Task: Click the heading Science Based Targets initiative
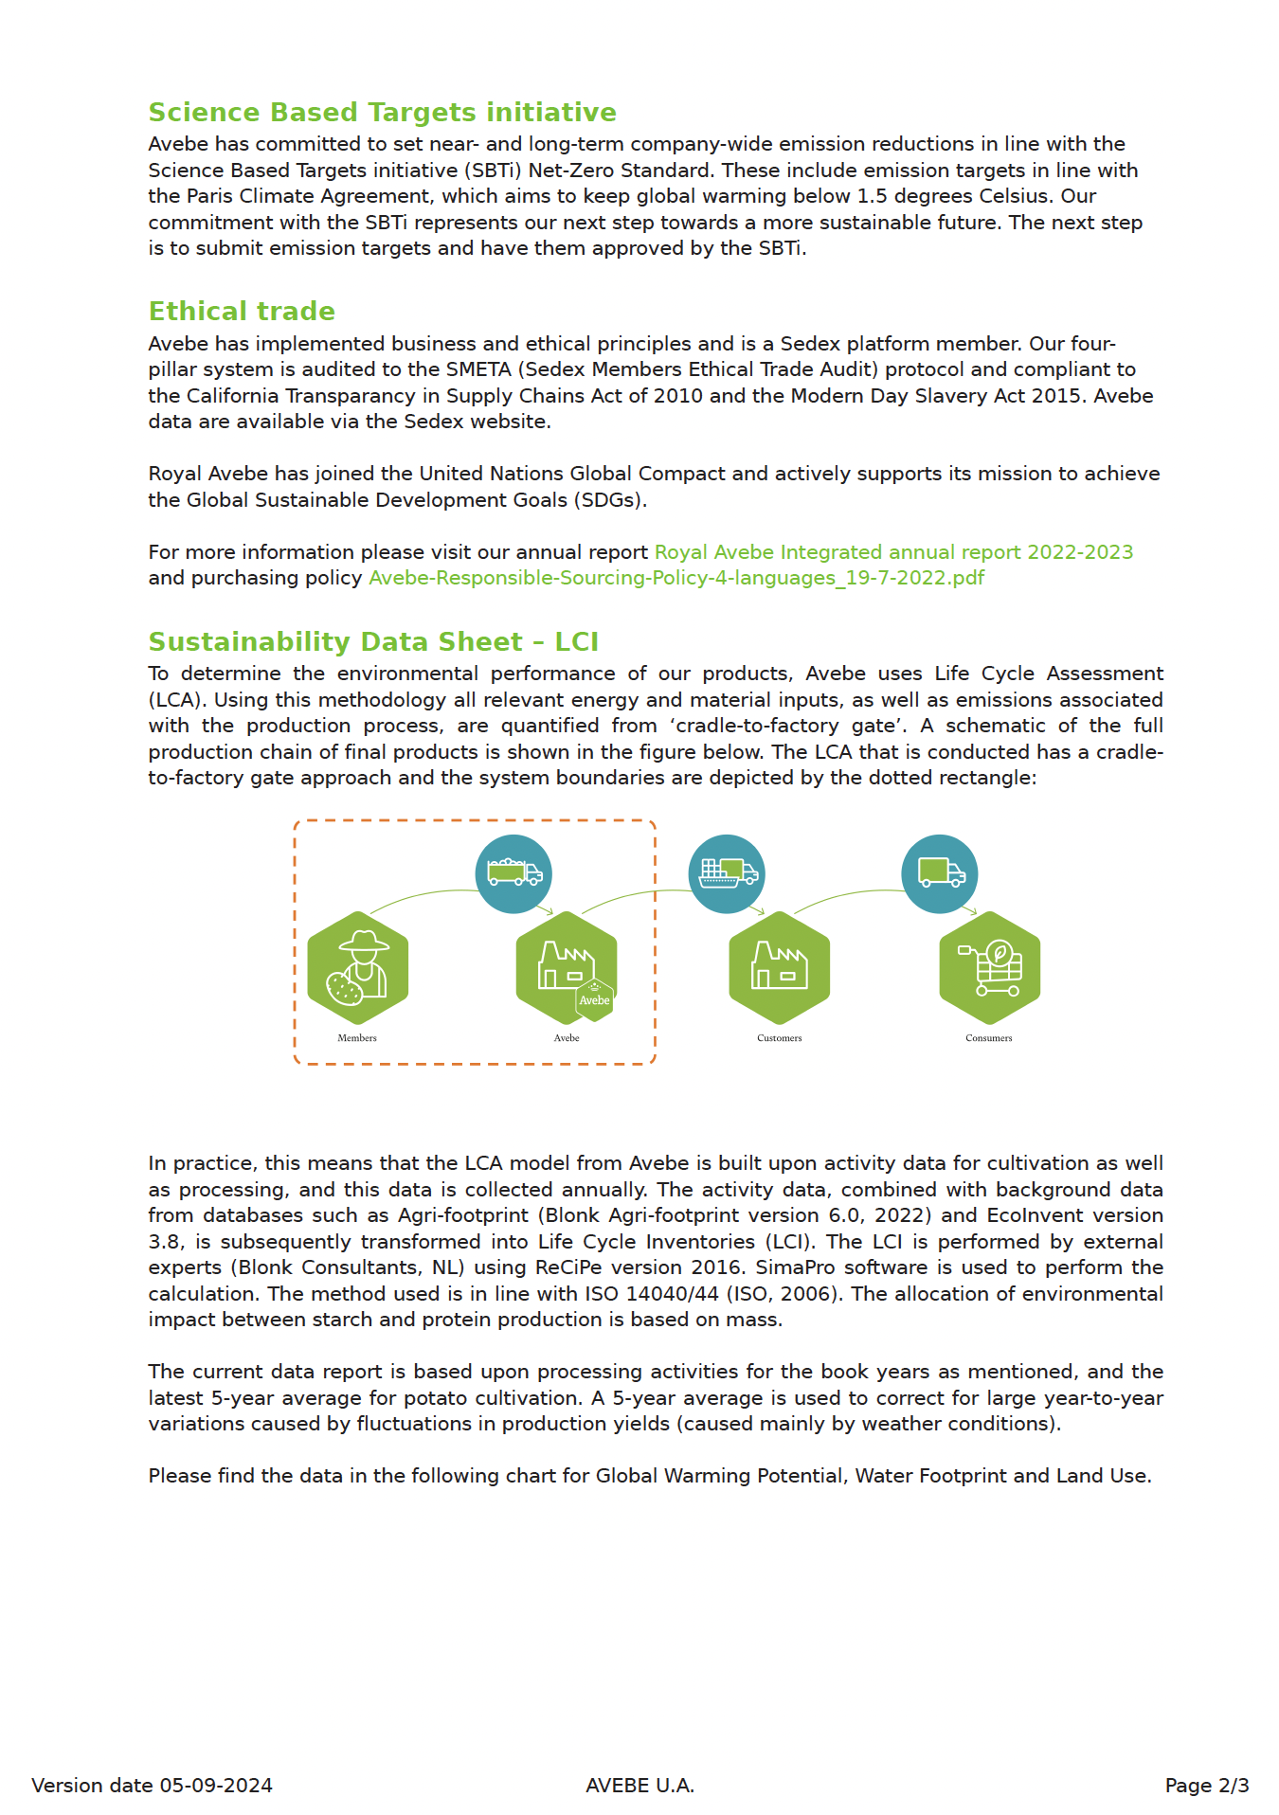click(x=382, y=113)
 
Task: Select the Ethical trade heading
click(x=242, y=312)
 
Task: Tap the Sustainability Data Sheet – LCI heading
click(x=373, y=642)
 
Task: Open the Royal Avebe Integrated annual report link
click(x=893, y=552)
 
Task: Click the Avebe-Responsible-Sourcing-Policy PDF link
click(x=676, y=578)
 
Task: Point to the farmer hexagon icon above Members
click(x=358, y=967)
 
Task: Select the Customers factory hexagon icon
click(x=779, y=967)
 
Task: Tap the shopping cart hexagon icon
click(x=989, y=967)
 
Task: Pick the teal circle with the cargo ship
click(x=727, y=873)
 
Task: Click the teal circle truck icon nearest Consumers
click(x=939, y=873)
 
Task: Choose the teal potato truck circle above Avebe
click(x=513, y=873)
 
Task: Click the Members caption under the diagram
click(x=357, y=1038)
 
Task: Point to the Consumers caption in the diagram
click(x=988, y=1038)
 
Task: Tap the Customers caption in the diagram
click(x=779, y=1038)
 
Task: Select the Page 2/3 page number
click(x=1206, y=1786)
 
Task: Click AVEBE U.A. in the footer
click(x=639, y=1786)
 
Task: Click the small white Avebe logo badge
click(x=595, y=999)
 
